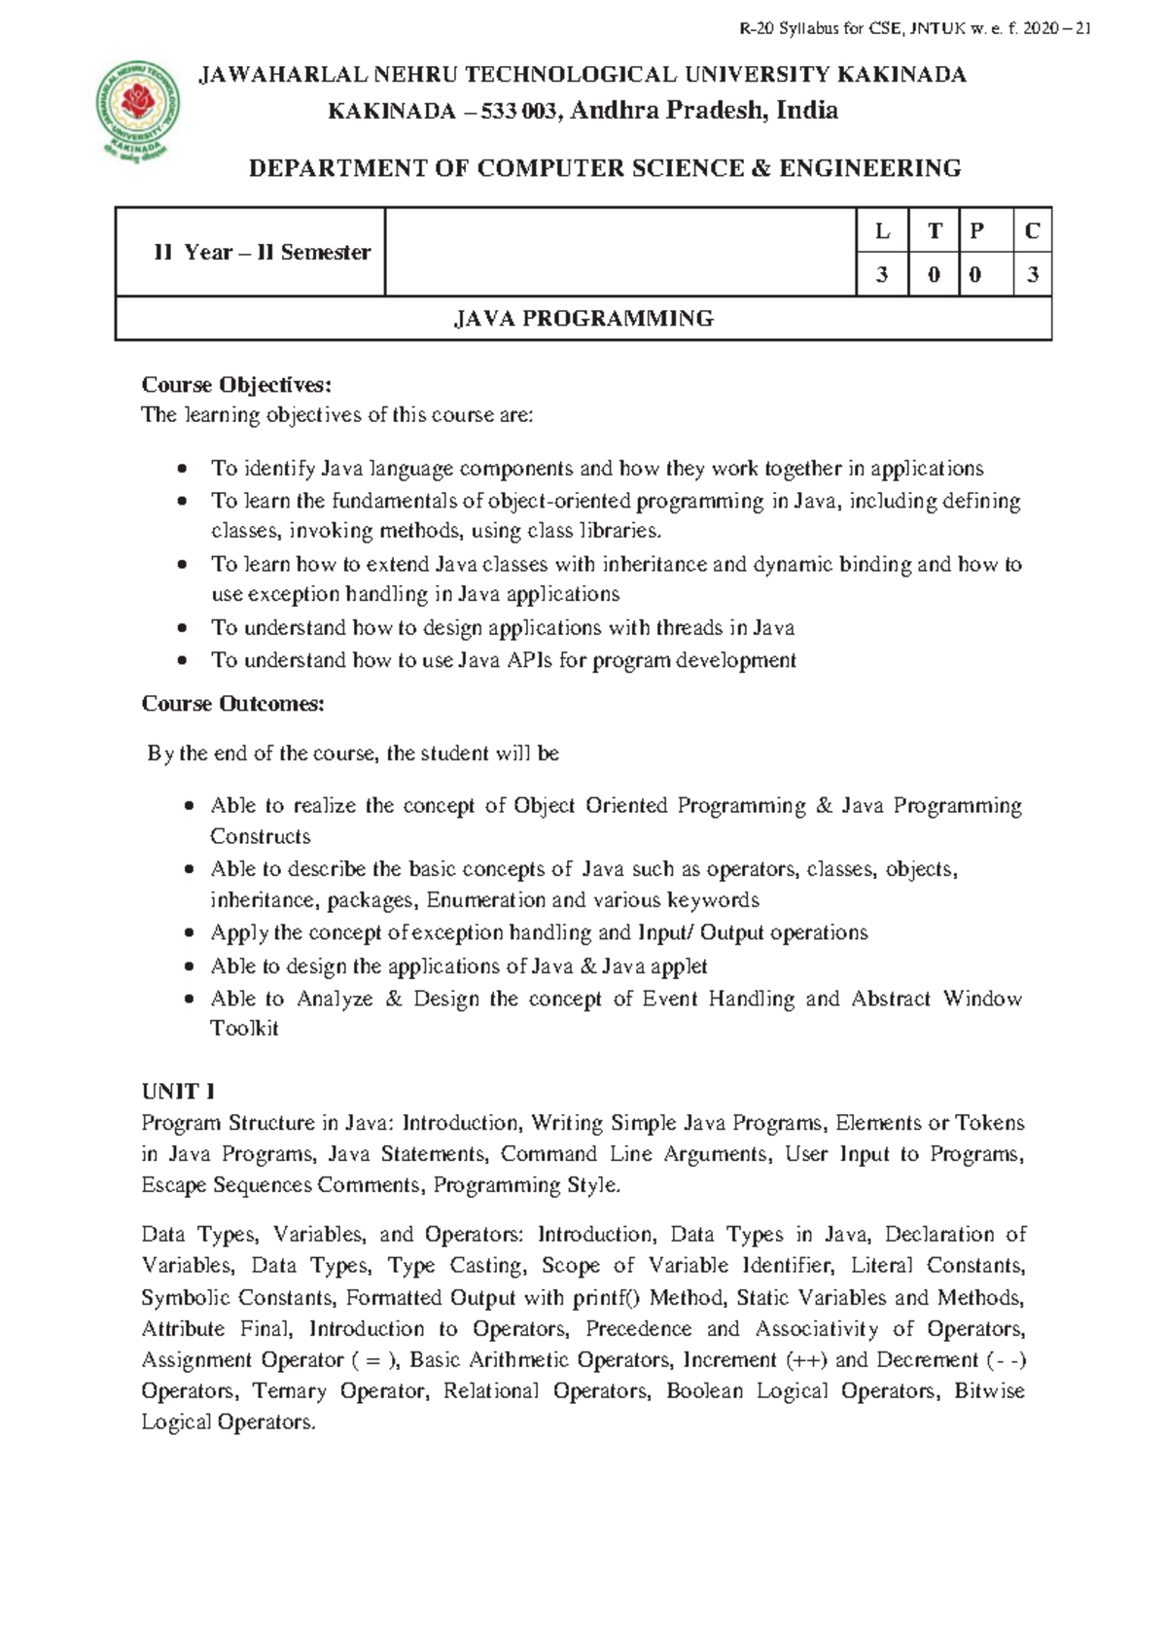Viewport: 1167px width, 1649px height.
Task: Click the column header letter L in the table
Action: point(882,230)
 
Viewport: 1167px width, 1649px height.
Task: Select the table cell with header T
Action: point(935,230)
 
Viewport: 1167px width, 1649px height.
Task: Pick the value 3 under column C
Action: point(1032,275)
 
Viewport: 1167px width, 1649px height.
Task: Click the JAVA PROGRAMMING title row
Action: point(583,318)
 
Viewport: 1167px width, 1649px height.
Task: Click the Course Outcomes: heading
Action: point(232,703)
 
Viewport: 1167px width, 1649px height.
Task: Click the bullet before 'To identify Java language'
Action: point(182,470)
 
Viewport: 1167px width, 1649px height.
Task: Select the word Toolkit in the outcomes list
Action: point(244,1029)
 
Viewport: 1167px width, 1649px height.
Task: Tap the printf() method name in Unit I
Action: point(607,1298)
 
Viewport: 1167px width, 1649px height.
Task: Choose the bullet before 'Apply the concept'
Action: point(189,933)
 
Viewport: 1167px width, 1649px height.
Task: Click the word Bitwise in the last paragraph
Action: point(989,1391)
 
